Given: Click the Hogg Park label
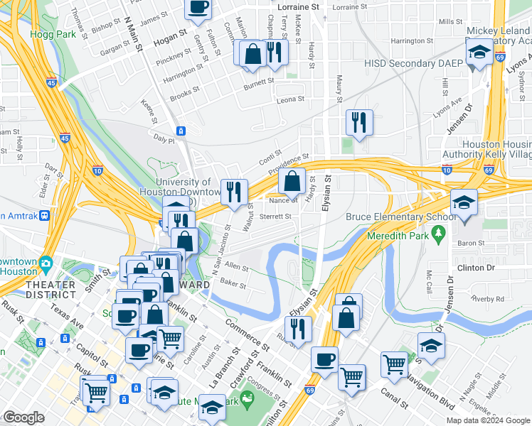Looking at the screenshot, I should pos(45,33).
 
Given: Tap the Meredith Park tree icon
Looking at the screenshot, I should pos(440,232).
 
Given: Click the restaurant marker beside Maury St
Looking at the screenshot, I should pos(359,122).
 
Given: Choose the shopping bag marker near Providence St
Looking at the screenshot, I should pos(292,182).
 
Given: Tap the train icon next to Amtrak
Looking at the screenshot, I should pos(45,214).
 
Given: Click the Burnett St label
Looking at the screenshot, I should pos(259,82).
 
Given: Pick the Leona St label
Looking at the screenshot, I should pos(289,100).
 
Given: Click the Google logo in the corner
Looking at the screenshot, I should pos(23,417).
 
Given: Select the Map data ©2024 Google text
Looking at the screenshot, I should pos(488,420).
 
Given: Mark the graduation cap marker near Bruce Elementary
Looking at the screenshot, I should pos(463,204).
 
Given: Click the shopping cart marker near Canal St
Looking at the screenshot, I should pos(351,377).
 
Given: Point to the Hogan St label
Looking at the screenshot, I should pos(169,33).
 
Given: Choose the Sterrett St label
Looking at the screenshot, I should pos(275,217).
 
